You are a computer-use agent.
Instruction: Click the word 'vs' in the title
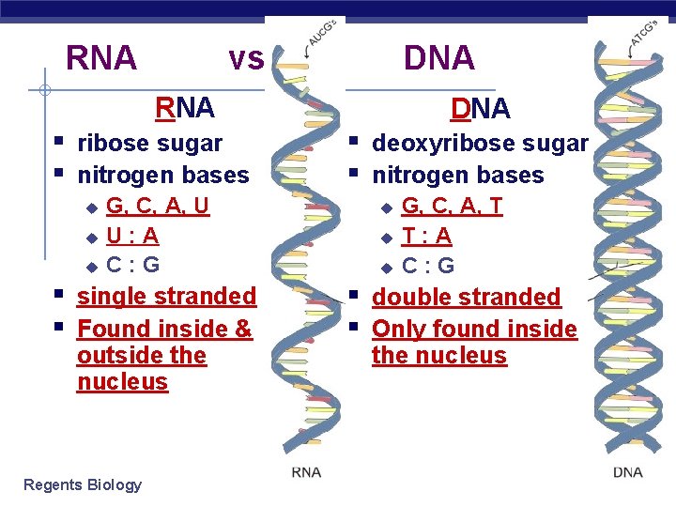point(246,58)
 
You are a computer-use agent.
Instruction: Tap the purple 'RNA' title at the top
point(101,58)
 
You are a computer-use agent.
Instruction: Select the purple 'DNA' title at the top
point(438,58)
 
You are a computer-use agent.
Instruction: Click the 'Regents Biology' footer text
point(83,484)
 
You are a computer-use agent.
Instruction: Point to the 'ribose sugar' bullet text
point(149,144)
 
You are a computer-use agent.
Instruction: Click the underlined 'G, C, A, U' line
point(158,206)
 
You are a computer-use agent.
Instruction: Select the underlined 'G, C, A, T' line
point(453,206)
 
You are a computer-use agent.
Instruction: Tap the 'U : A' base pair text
point(131,236)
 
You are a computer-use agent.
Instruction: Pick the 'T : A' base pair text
point(427,236)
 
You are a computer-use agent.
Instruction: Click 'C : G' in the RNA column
point(132,266)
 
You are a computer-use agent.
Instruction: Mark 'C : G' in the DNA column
point(428,266)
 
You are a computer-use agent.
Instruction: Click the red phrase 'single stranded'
point(166,297)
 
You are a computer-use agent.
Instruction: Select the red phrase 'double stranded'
point(466,298)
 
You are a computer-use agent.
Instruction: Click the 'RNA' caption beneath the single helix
point(306,472)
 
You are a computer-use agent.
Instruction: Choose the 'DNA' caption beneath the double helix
point(628,472)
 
